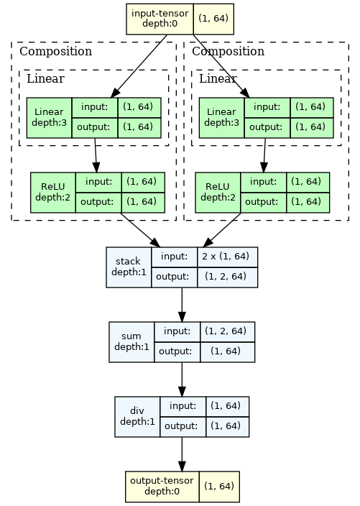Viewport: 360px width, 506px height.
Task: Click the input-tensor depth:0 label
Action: [160, 19]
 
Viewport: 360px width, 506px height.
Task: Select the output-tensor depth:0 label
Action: [162, 486]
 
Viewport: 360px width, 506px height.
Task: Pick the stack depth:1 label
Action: [129, 267]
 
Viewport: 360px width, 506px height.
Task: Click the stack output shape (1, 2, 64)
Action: [226, 277]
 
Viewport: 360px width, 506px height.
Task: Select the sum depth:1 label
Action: [131, 341]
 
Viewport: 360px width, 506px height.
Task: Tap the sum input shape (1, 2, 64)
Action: [226, 331]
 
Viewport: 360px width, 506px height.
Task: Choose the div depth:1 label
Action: [137, 416]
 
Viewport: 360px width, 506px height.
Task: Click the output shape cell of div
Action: [227, 427]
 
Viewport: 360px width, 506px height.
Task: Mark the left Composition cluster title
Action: [55, 51]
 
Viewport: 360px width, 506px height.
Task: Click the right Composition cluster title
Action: [228, 51]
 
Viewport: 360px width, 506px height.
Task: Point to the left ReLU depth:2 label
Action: [53, 192]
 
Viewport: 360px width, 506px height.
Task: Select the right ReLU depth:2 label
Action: [218, 192]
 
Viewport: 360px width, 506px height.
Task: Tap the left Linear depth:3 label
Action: [49, 117]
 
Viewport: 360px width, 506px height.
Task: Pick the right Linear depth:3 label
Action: [221, 117]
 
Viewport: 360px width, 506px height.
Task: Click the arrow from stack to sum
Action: [182, 305]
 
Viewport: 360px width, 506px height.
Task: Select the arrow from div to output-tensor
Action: [182, 454]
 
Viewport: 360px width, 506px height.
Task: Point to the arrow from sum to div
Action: [182, 379]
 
